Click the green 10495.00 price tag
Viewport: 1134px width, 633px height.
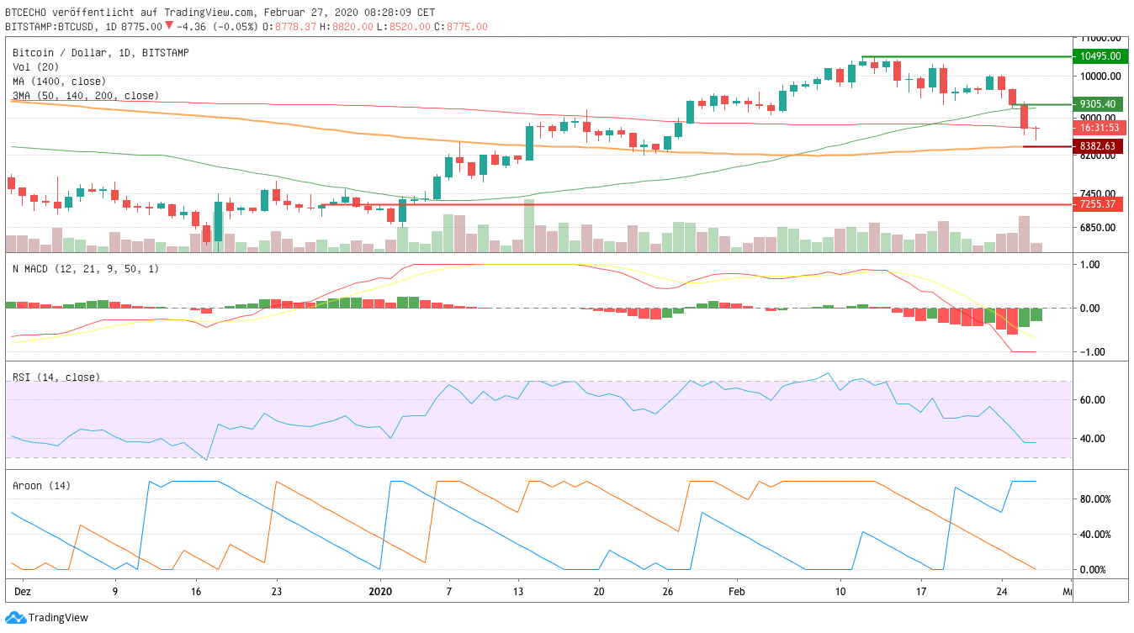(x=1100, y=56)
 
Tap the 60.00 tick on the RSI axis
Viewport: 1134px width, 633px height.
(x=1091, y=400)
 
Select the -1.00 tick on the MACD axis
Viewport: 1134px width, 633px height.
(x=1091, y=352)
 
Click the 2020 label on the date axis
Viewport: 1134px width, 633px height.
(x=380, y=591)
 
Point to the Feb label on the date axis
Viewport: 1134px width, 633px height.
(x=736, y=591)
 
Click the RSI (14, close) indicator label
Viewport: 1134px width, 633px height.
(x=56, y=377)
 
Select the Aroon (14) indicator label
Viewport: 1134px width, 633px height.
(x=42, y=486)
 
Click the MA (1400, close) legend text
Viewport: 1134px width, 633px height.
(x=59, y=82)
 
